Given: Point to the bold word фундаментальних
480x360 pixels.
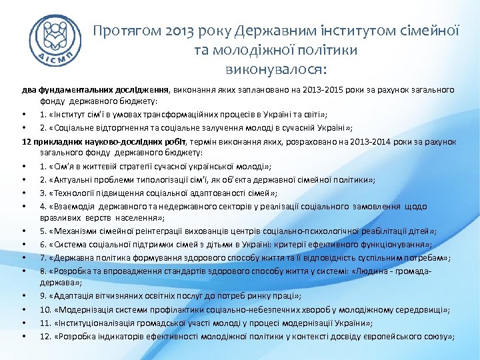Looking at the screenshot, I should coord(73,89).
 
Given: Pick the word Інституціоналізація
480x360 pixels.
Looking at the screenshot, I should coord(99,323).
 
